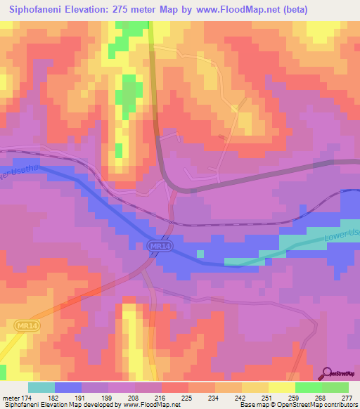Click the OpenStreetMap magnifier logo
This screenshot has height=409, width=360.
328,373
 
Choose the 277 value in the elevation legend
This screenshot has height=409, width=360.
348,397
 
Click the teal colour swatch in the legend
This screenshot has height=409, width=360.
41,387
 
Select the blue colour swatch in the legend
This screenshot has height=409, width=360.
67,387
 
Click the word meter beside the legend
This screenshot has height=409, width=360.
11,397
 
